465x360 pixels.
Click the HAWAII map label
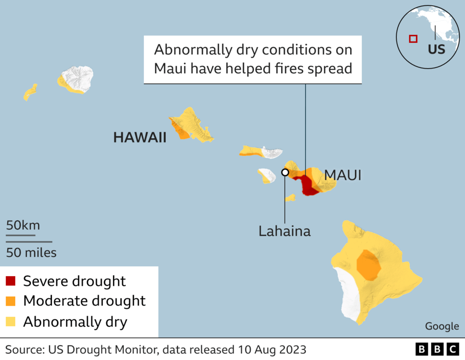(140, 138)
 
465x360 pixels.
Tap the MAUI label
(343, 175)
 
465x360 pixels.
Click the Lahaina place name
(284, 231)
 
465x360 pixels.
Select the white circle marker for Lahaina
(285, 172)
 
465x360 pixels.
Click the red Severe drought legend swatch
(11, 281)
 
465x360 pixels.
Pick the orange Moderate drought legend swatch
(11, 301)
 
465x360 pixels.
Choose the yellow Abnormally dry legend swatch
(11, 322)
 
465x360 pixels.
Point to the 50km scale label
(23, 225)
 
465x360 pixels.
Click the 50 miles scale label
(31, 252)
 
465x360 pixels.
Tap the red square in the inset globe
(413, 39)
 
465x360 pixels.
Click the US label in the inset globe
(436, 49)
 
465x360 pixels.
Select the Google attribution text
(442, 326)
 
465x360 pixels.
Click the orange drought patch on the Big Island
(368, 265)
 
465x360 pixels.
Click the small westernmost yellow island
(30, 92)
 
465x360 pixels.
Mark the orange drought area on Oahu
(182, 130)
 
